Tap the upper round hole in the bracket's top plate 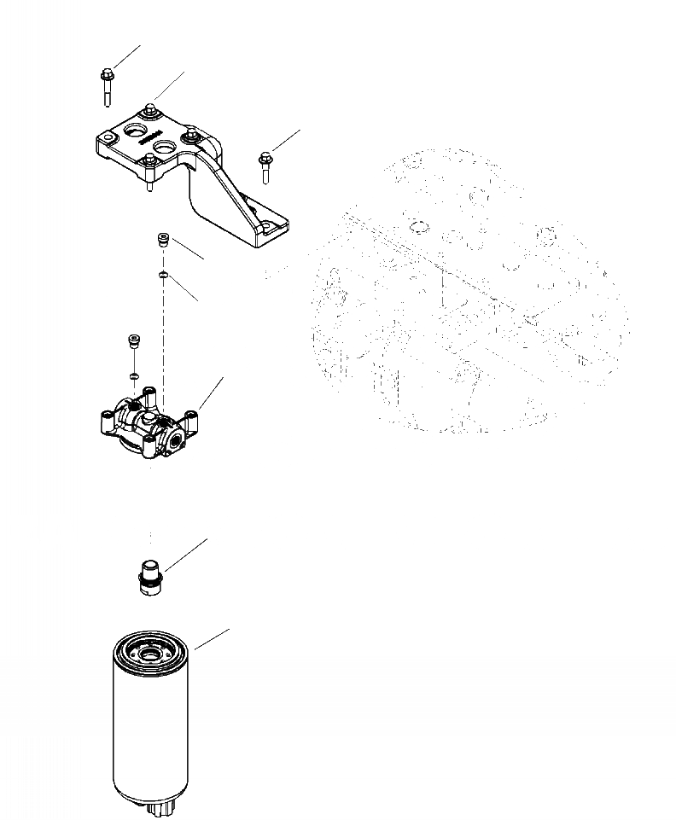coord(135,131)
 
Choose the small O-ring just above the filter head coord(134,374)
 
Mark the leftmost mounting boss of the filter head coord(108,420)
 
